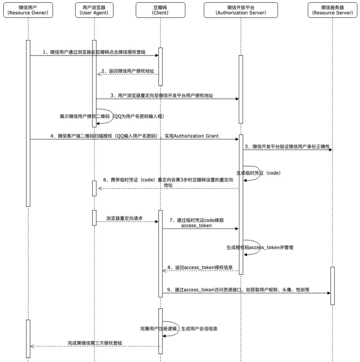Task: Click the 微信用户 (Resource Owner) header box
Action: [x=28, y=10]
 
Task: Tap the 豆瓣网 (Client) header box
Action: [x=160, y=10]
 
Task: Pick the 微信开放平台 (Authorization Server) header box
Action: [x=241, y=10]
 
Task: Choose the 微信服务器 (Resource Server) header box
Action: [x=332, y=10]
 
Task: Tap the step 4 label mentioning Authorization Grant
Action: [x=134, y=136]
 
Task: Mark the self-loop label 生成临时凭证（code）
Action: [x=258, y=172]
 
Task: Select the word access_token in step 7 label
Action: [x=197, y=225]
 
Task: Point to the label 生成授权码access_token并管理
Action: [x=260, y=247]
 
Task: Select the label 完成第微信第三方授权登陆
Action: [x=96, y=343]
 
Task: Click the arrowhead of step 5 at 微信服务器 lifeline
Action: [x=331, y=150]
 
